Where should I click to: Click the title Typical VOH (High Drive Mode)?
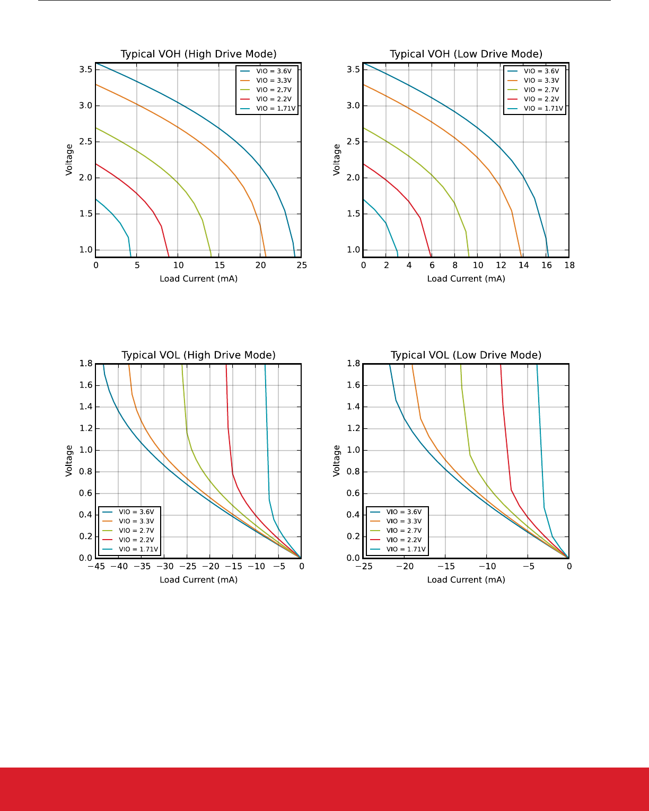click(198, 54)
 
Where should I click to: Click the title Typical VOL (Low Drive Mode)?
click(466, 355)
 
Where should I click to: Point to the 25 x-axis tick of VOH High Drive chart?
click(302, 265)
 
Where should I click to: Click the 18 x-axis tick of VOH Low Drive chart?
click(569, 265)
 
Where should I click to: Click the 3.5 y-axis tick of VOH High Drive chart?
click(86, 69)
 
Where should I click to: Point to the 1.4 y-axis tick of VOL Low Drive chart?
click(353, 407)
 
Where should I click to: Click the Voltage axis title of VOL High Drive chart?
click(69, 461)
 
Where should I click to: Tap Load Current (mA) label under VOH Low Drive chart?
click(466, 279)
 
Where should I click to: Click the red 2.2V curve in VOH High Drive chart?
click(137, 194)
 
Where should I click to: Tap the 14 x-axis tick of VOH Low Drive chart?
click(524, 265)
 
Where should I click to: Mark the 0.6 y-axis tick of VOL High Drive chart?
click(86, 493)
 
